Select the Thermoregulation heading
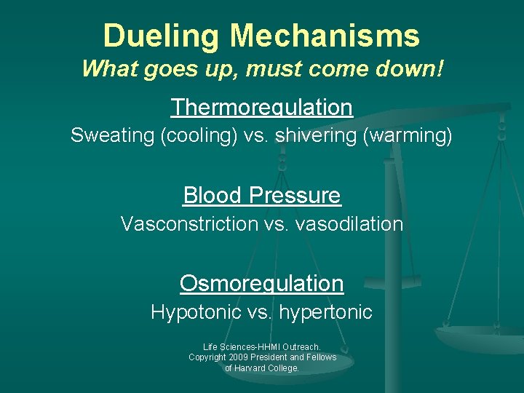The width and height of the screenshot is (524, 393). pyautogui.click(x=261, y=108)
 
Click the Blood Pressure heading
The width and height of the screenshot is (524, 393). pyautogui.click(x=261, y=195)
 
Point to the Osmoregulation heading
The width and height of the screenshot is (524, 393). pyautogui.click(x=261, y=282)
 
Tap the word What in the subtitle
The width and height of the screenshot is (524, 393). pyautogui.click(x=105, y=69)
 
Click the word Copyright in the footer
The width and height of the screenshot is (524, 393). pyautogui.click(x=207, y=357)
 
